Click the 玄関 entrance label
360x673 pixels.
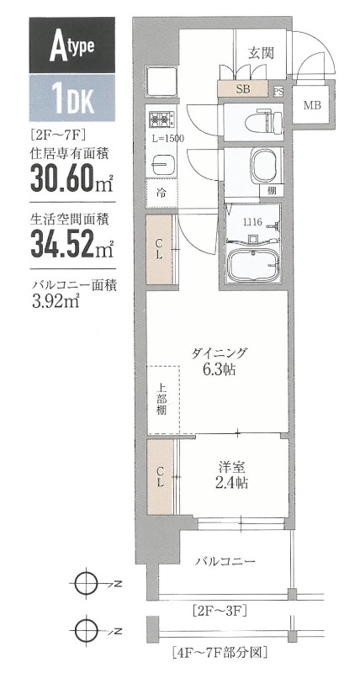coord(258,51)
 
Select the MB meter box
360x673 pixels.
coord(312,105)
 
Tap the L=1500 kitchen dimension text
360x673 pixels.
coord(168,138)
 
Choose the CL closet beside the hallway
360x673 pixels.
coord(159,249)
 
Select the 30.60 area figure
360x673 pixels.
coord(65,178)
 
